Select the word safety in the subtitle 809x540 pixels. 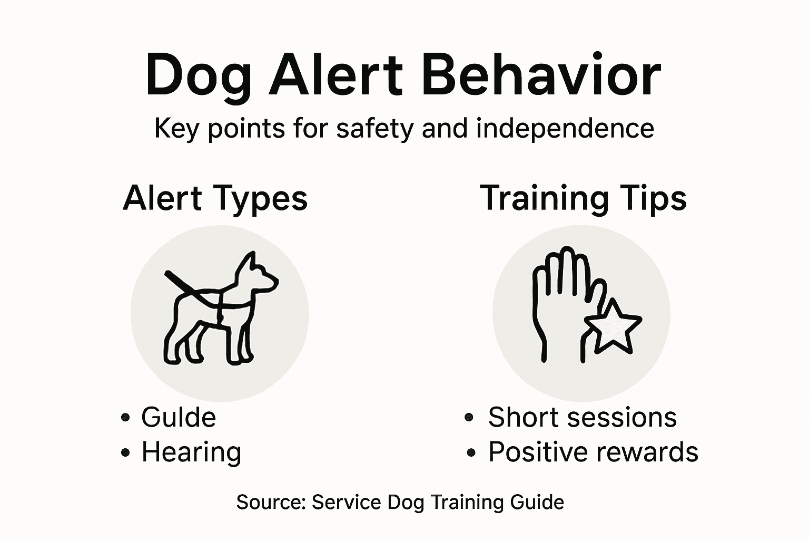tap(375, 128)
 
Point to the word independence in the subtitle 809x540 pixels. tap(565, 128)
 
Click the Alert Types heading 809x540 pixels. tap(215, 198)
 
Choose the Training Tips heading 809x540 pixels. tap(583, 198)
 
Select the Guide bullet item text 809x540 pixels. tap(178, 417)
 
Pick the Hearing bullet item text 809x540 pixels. tap(191, 452)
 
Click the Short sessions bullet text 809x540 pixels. tap(582, 417)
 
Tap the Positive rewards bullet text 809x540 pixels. tap(593, 452)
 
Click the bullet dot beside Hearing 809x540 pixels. tap(125, 452)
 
